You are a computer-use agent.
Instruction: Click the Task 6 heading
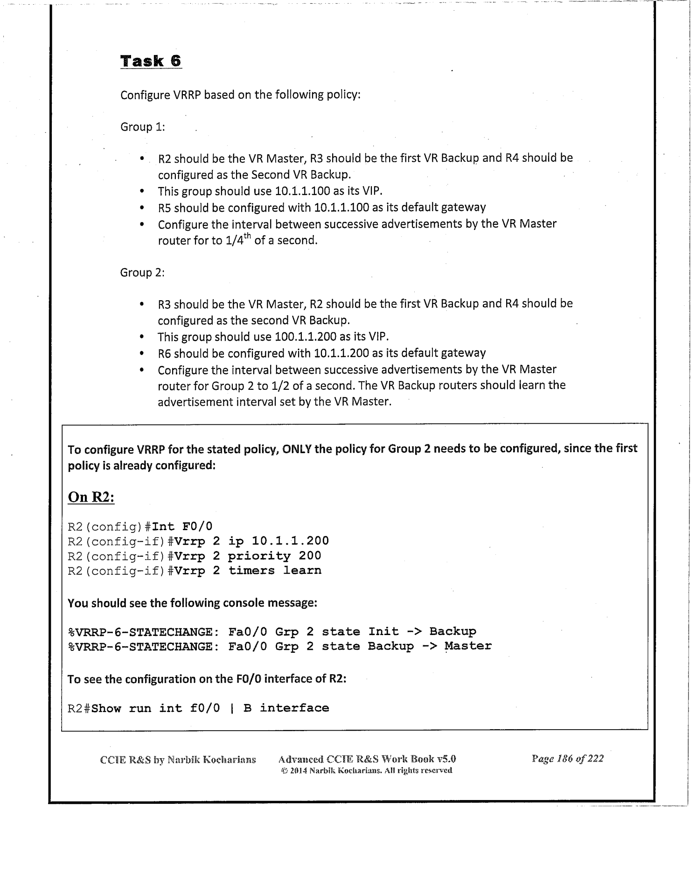151,61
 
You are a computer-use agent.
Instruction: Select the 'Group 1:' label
143,127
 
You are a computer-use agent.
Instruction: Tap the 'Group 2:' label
142,272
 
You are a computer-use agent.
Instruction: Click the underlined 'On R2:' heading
91,497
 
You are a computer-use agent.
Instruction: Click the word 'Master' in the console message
468,646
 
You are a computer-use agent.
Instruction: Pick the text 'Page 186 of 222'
567,759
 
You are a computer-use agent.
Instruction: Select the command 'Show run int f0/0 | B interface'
210,708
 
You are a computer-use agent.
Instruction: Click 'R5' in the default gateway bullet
165,207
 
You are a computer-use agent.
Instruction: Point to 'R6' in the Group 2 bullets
165,353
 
